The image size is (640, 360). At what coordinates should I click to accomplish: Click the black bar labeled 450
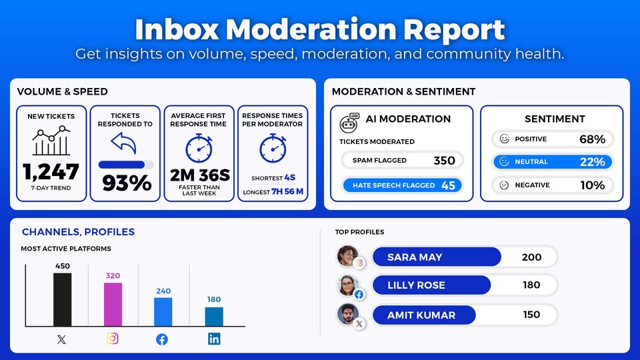click(x=62, y=299)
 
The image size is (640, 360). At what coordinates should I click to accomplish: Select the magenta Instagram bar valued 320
click(x=113, y=304)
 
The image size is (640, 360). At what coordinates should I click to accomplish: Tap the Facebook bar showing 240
click(x=163, y=311)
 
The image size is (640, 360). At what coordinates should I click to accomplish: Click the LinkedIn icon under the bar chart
click(x=214, y=339)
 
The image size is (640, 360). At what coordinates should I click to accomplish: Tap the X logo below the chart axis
click(x=62, y=339)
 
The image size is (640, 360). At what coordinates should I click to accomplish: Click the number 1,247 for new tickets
click(x=51, y=172)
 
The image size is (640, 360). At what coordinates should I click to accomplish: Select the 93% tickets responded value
click(x=127, y=183)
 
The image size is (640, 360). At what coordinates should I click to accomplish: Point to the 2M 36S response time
click(x=199, y=175)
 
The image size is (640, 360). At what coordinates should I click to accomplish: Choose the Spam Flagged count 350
click(x=444, y=161)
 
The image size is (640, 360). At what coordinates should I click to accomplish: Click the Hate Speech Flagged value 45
click(x=448, y=185)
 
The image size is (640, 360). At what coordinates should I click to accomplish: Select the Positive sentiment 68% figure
click(x=592, y=139)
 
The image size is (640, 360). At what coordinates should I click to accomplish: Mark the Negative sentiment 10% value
click(x=592, y=185)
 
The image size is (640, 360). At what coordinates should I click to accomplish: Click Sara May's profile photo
click(x=347, y=255)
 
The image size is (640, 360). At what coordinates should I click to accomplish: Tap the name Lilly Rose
click(x=417, y=285)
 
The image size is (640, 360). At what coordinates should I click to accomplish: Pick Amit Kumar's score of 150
click(x=531, y=315)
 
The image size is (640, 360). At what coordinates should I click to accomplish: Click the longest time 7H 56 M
click(x=287, y=192)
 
